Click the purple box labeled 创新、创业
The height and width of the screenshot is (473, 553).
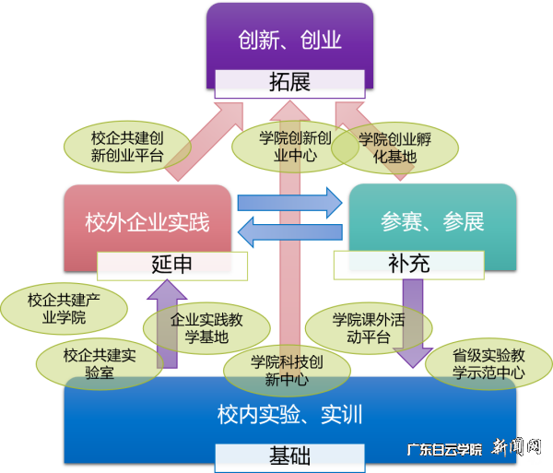point(289,39)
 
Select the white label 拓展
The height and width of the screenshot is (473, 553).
point(289,82)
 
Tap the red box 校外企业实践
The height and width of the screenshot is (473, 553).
point(147,222)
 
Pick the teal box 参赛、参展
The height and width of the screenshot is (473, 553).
point(432,222)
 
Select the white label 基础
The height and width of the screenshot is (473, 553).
point(289,455)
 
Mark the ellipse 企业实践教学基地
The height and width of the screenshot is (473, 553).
point(194,329)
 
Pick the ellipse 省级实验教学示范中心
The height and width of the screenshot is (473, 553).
point(488,362)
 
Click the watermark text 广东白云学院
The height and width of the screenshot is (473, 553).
point(444,450)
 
